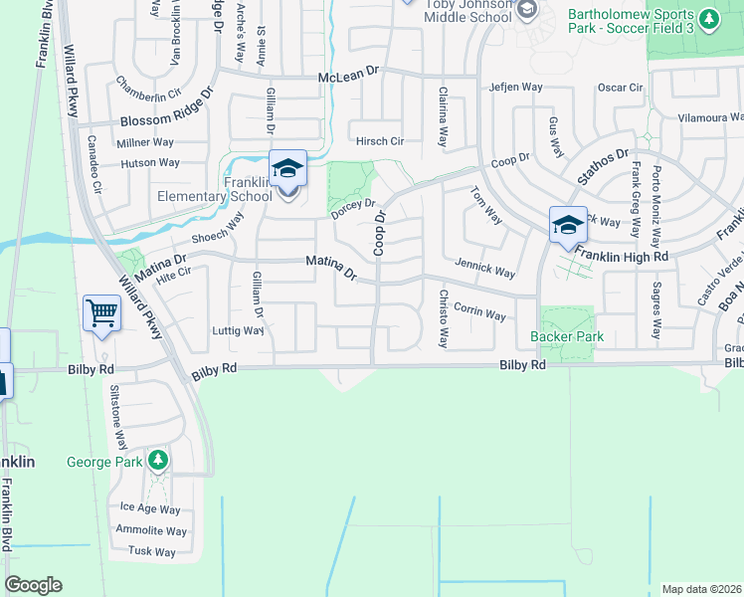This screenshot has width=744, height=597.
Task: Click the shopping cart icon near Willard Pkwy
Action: click(x=102, y=313)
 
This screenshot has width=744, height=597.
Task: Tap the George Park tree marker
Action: click(x=157, y=461)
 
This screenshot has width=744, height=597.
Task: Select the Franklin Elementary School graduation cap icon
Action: click(x=287, y=168)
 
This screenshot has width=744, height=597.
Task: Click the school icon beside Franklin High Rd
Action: click(x=568, y=224)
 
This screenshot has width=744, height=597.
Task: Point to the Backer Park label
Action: click(x=567, y=337)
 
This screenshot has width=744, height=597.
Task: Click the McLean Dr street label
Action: click(x=348, y=78)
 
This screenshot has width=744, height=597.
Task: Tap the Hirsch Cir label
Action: click(x=379, y=141)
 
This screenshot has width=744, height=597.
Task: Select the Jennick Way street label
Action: click(x=484, y=270)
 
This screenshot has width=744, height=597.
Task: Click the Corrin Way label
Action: click(x=479, y=312)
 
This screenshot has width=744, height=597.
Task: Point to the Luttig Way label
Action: click(x=235, y=329)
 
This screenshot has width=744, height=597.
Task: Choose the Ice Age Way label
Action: click(x=151, y=507)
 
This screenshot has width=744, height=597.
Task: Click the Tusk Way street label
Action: click(x=151, y=552)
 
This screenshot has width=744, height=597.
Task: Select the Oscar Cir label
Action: click(x=622, y=88)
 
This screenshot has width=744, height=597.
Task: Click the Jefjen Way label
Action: click(x=515, y=88)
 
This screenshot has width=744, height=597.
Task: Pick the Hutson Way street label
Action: click(x=149, y=162)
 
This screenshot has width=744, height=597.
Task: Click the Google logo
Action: click(x=33, y=585)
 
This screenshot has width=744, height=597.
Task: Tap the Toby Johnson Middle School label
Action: click(x=467, y=12)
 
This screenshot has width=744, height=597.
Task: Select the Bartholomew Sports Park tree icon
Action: click(x=707, y=18)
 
